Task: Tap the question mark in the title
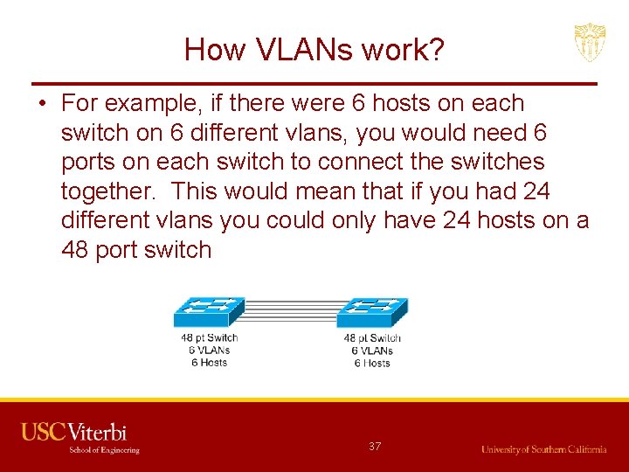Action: (435, 50)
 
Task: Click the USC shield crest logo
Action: (590, 43)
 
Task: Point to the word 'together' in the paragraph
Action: (110, 191)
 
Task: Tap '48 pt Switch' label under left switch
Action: (209, 338)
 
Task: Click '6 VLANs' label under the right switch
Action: (372, 351)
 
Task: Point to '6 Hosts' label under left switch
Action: (209, 363)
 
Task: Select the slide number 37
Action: (375, 447)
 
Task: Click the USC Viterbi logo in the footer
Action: (74, 432)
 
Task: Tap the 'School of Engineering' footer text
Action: (104, 450)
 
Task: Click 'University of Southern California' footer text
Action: (543, 449)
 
